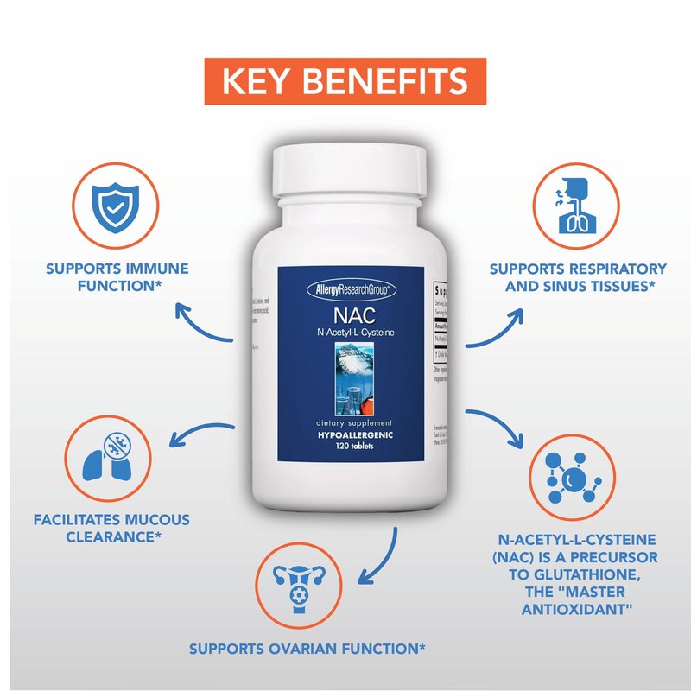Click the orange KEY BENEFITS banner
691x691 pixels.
coord(345,81)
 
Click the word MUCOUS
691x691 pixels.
coord(153,520)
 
